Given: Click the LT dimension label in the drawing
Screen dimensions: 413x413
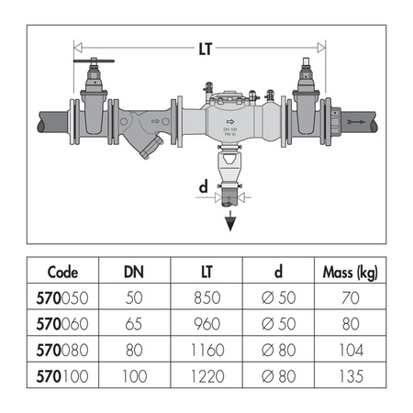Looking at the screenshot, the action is point(205,49).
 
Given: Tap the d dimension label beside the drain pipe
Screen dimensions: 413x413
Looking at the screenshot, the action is point(204,186).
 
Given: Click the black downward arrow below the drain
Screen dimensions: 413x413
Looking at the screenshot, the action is point(230,221).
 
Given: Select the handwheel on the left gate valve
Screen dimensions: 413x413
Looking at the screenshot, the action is point(94,61).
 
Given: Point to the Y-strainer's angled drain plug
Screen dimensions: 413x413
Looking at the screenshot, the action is point(151,148).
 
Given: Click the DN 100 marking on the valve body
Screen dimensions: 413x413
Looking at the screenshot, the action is point(230,129).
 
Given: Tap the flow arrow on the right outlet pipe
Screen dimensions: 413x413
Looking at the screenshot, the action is point(357,122).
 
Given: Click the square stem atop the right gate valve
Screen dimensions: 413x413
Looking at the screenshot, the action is point(307,62).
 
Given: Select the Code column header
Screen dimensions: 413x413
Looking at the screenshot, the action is point(62,272).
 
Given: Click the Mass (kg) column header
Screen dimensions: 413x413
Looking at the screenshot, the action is point(351,273).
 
